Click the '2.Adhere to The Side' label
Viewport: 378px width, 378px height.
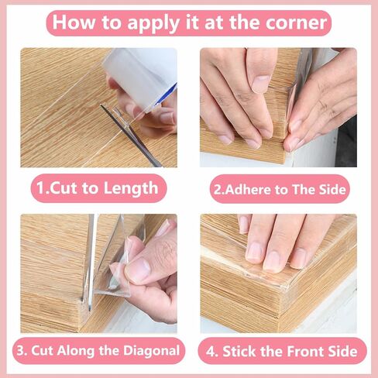pyautogui.click(x=278, y=188)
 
